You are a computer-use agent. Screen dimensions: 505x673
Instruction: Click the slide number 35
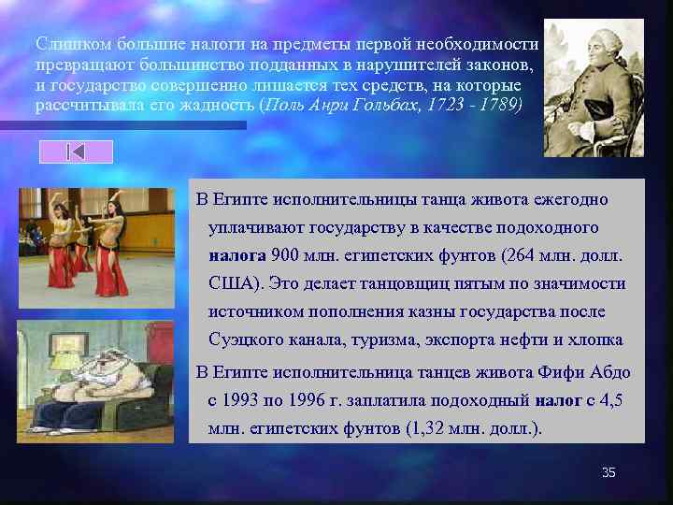click(x=609, y=473)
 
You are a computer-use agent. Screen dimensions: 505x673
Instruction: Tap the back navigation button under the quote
click(x=76, y=151)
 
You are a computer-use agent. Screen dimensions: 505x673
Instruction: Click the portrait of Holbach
click(x=594, y=88)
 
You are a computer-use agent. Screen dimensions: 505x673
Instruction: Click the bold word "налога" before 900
click(x=237, y=255)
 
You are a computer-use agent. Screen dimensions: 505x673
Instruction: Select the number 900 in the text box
click(x=285, y=255)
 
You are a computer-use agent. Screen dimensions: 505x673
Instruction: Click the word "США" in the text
click(x=233, y=283)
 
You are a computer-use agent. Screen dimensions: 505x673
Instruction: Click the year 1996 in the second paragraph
click(x=312, y=400)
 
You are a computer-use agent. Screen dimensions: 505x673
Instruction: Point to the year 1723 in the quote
click(x=442, y=105)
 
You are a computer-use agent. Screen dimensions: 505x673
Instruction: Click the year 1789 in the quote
click(x=498, y=105)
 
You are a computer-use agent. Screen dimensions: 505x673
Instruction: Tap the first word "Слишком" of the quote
click(x=66, y=44)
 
